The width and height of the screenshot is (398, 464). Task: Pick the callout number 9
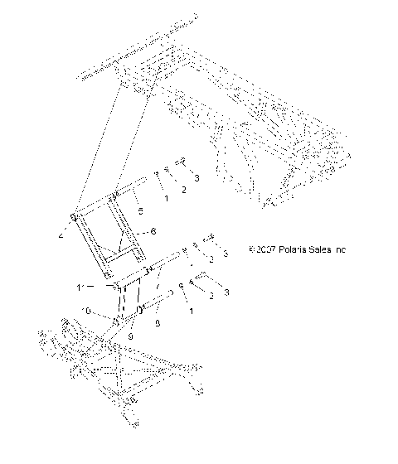pyautogui.click(x=131, y=337)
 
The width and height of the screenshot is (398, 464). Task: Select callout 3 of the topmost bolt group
pyautogui.click(x=196, y=178)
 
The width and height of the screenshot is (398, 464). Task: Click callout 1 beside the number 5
pyautogui.click(x=166, y=199)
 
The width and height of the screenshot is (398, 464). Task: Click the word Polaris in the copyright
pyautogui.click(x=292, y=249)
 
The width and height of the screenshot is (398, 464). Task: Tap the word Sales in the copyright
pyautogui.click(x=321, y=249)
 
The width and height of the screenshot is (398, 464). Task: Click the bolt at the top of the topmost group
pyautogui.click(x=180, y=163)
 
